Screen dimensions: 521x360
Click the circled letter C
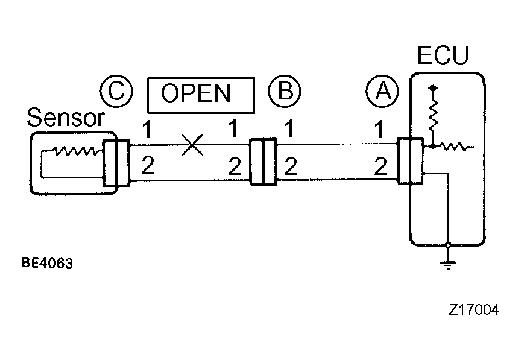click(116, 91)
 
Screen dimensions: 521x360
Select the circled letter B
click(285, 90)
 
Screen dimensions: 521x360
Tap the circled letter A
click(382, 91)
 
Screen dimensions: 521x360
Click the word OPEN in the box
click(196, 93)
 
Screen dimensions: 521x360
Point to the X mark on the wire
click(192, 145)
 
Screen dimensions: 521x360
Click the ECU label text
click(443, 55)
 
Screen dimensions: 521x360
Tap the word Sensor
click(66, 118)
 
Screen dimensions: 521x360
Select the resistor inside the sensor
click(77, 151)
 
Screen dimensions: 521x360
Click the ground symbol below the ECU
click(448, 264)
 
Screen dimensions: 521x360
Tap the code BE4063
click(47, 263)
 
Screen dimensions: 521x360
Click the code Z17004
click(473, 309)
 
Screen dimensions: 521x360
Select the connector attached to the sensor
click(116, 163)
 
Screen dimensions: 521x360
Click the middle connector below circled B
click(263, 162)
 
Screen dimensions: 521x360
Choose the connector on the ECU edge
click(411, 160)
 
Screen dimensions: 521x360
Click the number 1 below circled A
click(379, 129)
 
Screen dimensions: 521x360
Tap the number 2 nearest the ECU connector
click(380, 166)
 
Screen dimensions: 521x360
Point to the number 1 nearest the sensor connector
click(147, 130)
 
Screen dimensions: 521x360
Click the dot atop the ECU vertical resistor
click(433, 88)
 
